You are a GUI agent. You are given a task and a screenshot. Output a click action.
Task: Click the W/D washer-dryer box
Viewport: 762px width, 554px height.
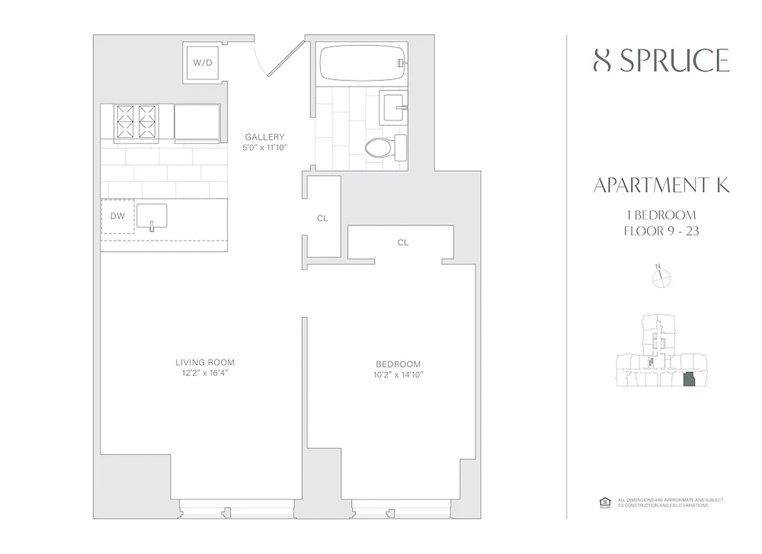pos(202,63)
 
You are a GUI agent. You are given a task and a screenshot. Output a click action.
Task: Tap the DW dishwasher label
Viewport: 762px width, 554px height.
pos(118,216)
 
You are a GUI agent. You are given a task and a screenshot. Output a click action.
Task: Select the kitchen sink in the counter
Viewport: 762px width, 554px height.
pos(152,216)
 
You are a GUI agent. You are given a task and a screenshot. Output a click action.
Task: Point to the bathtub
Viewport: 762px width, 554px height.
pos(360,63)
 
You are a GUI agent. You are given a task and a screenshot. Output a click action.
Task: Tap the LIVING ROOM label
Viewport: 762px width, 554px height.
pos(204,362)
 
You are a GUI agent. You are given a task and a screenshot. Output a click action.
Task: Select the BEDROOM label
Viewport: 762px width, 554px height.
pos(398,364)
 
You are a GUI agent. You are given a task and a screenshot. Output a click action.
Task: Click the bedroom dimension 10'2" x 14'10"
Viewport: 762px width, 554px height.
pos(398,375)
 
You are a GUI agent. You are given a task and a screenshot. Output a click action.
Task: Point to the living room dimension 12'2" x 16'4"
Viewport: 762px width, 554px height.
pos(204,373)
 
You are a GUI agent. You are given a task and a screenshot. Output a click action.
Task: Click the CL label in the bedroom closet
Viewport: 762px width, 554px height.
pos(403,243)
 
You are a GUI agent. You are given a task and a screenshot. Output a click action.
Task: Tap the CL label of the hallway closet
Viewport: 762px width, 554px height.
pos(322,218)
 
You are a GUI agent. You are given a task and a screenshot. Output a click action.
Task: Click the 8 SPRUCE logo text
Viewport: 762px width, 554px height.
pos(662,61)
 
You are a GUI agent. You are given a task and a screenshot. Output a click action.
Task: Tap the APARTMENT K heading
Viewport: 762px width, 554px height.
pos(662,186)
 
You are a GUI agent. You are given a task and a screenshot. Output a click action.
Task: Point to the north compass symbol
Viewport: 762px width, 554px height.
pos(662,278)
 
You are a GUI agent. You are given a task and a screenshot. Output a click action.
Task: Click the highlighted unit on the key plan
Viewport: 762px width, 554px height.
pos(689,380)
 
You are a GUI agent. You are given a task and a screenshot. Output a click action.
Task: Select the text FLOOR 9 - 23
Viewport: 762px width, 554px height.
pos(662,231)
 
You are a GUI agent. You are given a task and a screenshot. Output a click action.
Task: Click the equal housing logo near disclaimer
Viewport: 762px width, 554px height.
pos(602,501)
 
